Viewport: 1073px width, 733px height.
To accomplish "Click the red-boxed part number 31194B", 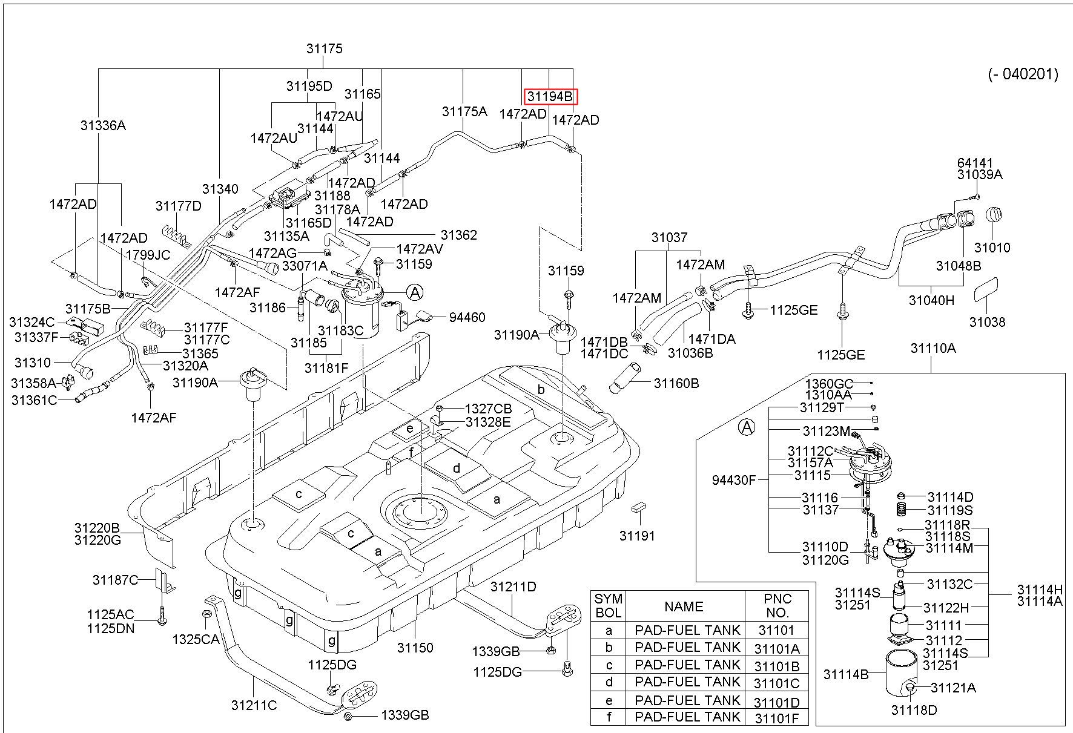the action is [550, 97].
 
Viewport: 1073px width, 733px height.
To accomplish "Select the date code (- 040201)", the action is [1023, 74].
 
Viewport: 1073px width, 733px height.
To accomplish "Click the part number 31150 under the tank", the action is [415, 648].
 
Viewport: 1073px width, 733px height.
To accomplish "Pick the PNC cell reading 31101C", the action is [777, 683].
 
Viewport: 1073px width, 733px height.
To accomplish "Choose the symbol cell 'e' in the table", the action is [609, 701].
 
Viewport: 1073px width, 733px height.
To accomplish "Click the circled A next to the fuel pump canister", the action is [415, 293].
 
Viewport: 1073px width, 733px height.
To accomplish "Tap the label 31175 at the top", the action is [325, 49].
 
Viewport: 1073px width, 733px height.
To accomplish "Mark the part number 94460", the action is [467, 317].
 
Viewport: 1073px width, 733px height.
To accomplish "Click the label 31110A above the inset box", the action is [933, 348].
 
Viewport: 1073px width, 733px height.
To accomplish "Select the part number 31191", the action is [637, 536].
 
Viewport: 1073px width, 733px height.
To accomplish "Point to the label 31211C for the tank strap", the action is [254, 705].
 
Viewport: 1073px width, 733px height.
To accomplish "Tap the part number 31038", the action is [987, 322].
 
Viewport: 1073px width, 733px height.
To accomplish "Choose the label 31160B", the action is [676, 383].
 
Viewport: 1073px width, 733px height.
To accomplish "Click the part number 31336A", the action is [103, 125].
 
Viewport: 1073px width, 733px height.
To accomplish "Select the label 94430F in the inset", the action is [735, 480].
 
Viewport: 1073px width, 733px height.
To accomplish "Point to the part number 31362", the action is [459, 235].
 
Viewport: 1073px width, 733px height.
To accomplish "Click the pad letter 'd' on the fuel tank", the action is [457, 468].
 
